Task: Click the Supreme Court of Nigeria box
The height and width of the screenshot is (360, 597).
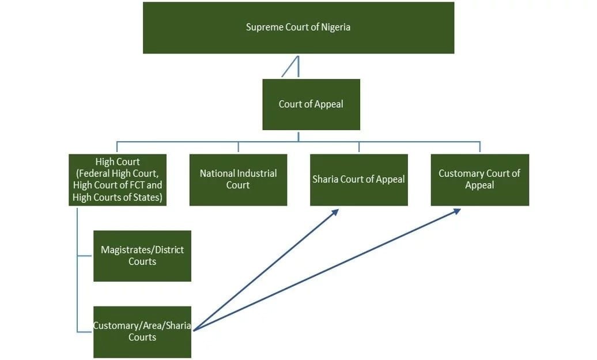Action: tap(298, 28)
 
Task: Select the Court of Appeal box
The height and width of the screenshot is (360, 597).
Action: tap(311, 104)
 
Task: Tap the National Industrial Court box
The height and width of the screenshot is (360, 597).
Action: tap(238, 179)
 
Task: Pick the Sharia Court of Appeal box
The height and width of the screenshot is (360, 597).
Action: tap(358, 179)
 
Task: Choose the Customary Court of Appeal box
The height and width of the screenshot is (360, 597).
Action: tap(479, 179)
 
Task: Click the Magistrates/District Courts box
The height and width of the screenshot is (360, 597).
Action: tap(142, 256)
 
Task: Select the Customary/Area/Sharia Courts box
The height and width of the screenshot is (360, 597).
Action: tap(142, 332)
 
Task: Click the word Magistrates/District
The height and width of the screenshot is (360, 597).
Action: tap(142, 250)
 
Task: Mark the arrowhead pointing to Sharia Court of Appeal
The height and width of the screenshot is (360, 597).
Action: tap(335, 211)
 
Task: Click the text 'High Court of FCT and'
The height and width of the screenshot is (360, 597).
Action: tap(118, 185)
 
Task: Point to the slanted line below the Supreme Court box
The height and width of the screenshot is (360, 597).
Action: tap(289, 67)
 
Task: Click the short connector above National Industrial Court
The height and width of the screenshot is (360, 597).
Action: tap(238, 147)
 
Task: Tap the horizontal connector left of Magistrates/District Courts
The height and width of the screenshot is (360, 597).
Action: tap(85, 256)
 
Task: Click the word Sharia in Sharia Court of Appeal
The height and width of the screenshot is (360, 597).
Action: tap(325, 179)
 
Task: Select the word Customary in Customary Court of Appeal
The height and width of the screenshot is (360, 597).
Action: tap(459, 173)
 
